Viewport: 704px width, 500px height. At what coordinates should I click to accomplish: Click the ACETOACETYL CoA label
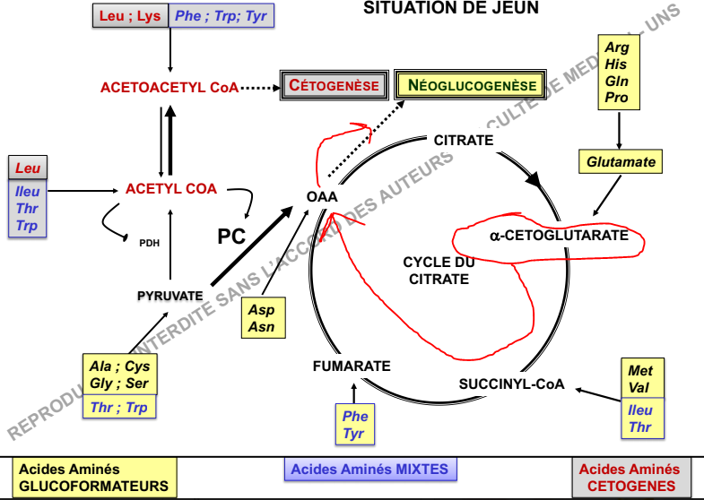(x=169, y=88)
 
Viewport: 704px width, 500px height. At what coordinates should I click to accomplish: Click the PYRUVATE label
(x=169, y=295)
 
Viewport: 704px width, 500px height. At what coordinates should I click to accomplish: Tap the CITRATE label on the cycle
(x=463, y=140)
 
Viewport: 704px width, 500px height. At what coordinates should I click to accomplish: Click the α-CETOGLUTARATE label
(x=549, y=236)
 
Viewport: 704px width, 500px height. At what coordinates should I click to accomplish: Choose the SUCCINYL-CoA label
(x=512, y=384)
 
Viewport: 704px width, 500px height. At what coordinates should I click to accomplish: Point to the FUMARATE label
(x=352, y=366)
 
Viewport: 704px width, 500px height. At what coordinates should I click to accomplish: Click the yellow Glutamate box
(x=621, y=162)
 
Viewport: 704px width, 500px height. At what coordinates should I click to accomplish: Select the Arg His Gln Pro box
(x=617, y=73)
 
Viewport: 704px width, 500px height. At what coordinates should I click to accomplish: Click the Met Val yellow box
(x=640, y=379)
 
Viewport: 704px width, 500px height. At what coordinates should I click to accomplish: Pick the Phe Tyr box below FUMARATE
(x=355, y=425)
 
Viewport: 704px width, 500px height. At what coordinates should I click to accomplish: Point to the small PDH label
(x=149, y=242)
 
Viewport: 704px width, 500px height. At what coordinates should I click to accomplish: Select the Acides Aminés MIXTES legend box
(x=369, y=469)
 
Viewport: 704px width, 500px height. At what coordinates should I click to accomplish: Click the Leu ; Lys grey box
(x=130, y=17)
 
